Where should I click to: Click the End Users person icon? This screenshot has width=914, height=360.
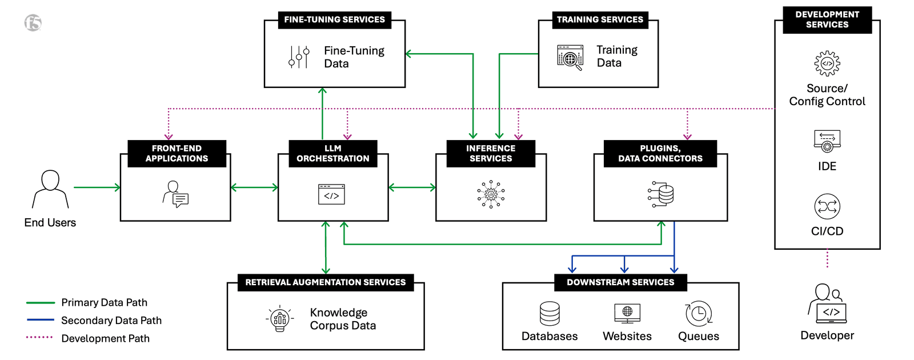click(50, 189)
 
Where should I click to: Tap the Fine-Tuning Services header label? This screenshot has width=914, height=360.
click(334, 19)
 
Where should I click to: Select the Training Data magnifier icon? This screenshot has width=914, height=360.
click(570, 58)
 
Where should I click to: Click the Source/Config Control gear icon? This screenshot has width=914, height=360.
click(827, 63)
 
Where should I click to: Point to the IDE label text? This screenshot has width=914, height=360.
click(827, 166)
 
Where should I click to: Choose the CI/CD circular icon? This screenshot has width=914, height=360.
click(827, 207)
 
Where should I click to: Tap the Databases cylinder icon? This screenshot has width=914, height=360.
click(550, 314)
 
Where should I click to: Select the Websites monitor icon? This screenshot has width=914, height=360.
click(627, 313)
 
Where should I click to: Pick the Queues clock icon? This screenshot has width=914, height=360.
click(698, 314)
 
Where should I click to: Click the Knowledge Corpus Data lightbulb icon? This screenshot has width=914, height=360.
click(280, 319)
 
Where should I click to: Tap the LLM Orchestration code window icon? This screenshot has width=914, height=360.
click(331, 194)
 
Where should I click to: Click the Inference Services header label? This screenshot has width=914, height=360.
click(491, 153)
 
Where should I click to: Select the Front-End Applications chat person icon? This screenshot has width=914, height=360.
click(175, 194)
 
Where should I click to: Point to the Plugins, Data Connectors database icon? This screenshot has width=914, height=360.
click(661, 194)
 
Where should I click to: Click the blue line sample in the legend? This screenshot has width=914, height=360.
click(40, 320)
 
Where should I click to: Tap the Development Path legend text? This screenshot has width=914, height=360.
click(105, 338)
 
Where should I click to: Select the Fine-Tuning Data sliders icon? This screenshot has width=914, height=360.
click(299, 57)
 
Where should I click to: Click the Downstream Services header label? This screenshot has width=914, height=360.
click(620, 282)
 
